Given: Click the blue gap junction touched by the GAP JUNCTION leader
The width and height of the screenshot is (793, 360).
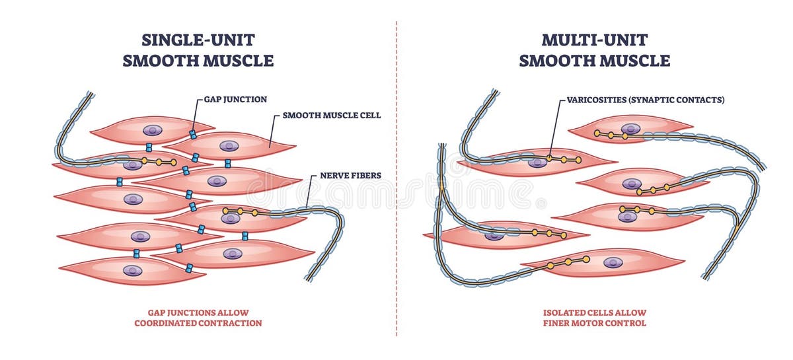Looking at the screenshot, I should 193,134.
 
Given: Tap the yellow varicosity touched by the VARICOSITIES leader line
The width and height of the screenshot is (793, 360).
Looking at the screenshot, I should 548,159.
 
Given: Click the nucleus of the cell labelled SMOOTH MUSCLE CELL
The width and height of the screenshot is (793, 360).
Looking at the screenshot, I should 229,146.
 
